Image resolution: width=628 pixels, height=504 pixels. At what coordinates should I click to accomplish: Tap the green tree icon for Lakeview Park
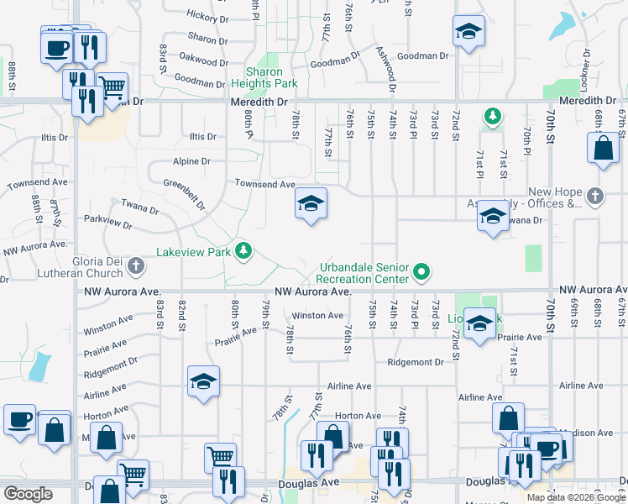(243, 251)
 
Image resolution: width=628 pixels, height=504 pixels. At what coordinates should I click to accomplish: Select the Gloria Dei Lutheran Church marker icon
(136, 267)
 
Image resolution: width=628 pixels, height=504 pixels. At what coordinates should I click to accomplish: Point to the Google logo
(27, 494)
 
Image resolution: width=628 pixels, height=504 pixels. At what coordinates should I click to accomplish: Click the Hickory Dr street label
(207, 16)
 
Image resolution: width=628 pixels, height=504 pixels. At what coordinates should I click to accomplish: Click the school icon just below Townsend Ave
(311, 204)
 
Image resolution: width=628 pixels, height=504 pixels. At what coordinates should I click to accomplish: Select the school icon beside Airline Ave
(203, 382)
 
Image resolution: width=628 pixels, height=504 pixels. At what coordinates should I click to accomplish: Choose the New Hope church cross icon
(595, 196)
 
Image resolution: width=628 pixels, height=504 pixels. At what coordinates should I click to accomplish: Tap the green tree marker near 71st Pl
(490, 115)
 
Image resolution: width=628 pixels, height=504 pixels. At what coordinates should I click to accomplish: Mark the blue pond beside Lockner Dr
(561, 29)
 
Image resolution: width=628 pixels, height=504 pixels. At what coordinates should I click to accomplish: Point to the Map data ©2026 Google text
(576, 497)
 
